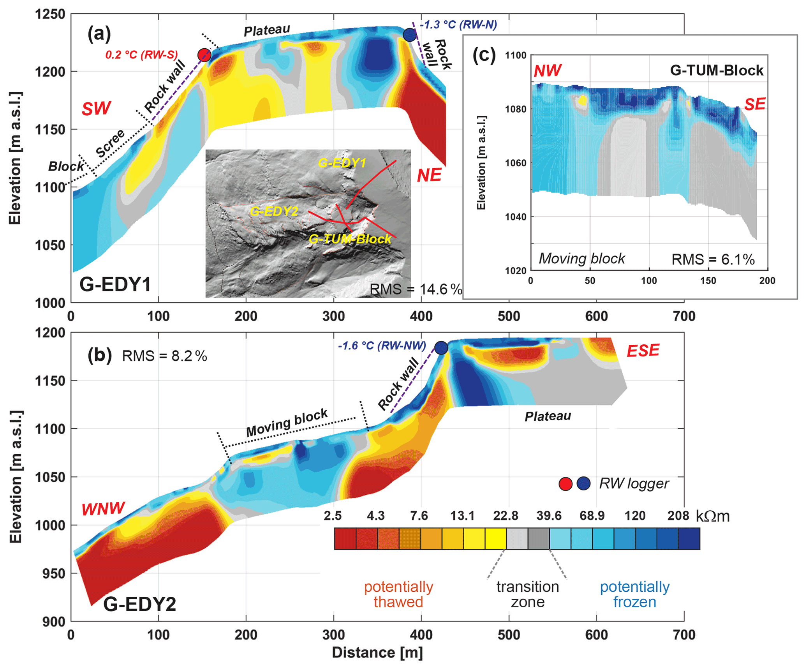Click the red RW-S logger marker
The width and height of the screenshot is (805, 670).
click(x=204, y=55)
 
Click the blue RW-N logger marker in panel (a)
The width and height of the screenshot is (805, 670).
click(x=409, y=35)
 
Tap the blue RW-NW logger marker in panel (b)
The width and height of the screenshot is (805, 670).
click(x=441, y=347)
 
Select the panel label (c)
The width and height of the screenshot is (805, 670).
click(x=484, y=55)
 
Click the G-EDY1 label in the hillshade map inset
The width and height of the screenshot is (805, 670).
click(x=342, y=163)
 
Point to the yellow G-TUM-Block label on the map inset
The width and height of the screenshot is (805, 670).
click(x=350, y=239)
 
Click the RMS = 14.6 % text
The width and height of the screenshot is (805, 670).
click(x=416, y=289)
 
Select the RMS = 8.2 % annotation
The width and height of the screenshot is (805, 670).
click(x=164, y=356)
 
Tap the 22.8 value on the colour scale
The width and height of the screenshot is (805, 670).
click(x=506, y=516)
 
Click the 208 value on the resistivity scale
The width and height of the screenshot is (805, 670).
click(x=678, y=516)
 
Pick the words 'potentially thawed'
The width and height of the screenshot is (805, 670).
click(x=398, y=594)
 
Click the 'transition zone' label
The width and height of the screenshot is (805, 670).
click(x=528, y=594)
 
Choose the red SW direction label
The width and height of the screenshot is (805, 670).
click(x=96, y=108)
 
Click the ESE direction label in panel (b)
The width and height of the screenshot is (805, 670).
click(x=643, y=351)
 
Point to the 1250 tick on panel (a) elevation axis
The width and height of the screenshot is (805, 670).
click(x=50, y=14)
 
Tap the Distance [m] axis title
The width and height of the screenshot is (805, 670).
click(x=377, y=653)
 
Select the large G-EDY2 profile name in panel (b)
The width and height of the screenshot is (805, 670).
click(x=139, y=604)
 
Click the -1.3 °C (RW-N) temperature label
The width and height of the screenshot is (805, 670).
click(x=458, y=25)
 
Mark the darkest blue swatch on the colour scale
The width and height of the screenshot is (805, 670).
click(x=689, y=539)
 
